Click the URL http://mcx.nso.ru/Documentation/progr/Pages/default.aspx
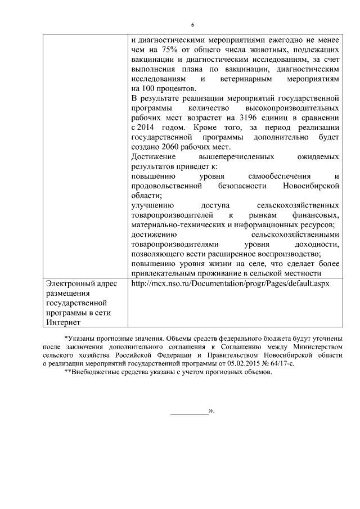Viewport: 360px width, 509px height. tap(229, 283)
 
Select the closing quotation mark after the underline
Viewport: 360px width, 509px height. tap(212, 411)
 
